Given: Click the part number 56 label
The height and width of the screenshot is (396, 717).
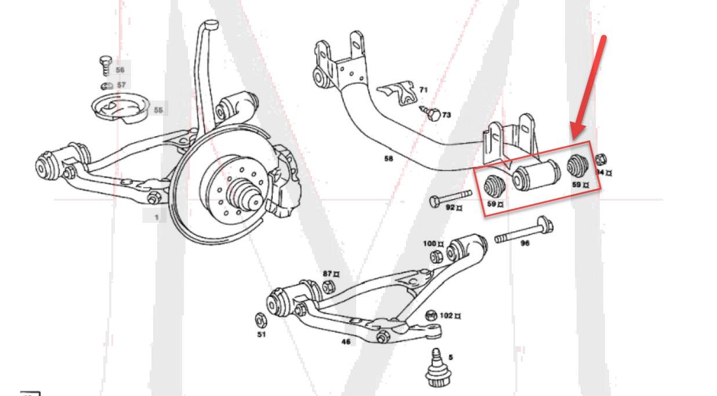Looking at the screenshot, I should (x=120, y=70).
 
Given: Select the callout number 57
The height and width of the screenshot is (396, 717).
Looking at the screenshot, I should (x=121, y=85).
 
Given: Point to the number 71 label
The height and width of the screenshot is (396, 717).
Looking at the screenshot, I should (x=423, y=90).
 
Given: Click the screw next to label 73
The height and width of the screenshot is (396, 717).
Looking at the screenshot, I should (x=432, y=114).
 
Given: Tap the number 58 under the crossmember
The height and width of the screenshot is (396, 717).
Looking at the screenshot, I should (x=388, y=158).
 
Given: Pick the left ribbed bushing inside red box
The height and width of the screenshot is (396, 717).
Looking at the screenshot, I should (x=495, y=186).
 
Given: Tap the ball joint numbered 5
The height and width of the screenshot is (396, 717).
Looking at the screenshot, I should (x=436, y=368).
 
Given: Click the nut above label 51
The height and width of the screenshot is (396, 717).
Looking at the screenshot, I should (x=261, y=319).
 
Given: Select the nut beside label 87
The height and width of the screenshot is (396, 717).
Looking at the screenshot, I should (x=328, y=285).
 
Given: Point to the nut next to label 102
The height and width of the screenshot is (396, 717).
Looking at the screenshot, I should (x=431, y=316).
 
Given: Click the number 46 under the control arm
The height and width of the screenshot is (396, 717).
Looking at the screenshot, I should (x=346, y=341).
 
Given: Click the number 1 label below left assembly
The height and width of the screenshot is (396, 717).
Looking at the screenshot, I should (x=156, y=217).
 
